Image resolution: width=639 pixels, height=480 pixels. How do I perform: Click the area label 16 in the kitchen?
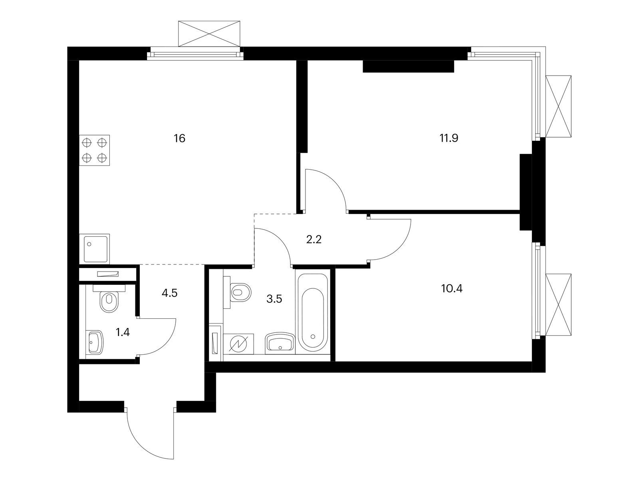(x=179, y=138)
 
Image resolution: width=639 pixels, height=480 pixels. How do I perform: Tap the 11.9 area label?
(x=449, y=138)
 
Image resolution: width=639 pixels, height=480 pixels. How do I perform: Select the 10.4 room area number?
(x=452, y=288)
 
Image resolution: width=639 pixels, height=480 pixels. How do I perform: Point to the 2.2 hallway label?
(x=314, y=240)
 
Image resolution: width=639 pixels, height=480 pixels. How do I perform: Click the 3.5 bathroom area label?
(x=274, y=299)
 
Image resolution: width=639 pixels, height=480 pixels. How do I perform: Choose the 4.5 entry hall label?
(x=169, y=293)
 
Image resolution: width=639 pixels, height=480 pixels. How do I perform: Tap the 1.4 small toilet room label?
(x=123, y=332)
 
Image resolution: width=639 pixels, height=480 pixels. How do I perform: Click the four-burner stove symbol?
(x=94, y=150)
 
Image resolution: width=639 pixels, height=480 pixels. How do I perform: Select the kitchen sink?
(x=94, y=249)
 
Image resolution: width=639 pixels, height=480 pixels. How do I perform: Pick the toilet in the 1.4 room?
(x=109, y=298)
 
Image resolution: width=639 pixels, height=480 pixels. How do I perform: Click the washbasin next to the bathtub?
(x=280, y=343)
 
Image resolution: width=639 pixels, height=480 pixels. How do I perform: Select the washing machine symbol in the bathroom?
(x=238, y=344)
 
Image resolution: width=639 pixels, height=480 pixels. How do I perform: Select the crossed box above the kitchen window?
(x=209, y=34)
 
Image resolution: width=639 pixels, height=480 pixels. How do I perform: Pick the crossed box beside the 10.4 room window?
(x=558, y=304)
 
